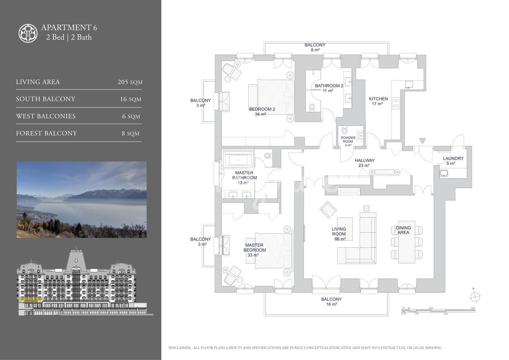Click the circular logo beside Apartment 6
coord(28,33)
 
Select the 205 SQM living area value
coord(130,82)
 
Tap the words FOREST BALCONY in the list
coord(47,133)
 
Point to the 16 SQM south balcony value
coord(131,99)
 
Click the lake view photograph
coord(82,200)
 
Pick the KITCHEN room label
coord(378,99)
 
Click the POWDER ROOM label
coord(348,140)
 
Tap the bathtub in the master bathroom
coord(238,160)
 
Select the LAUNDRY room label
coord(453,158)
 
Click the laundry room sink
coord(443,173)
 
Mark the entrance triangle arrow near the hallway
coord(422,141)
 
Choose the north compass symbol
coord(475,297)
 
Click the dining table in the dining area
coord(407,242)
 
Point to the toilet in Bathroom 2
coord(312,107)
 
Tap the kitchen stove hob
coord(396,103)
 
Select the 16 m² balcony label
coord(332,302)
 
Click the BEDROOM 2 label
coord(262,109)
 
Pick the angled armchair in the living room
coord(328,210)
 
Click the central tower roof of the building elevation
coord(76,259)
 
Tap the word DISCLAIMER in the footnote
coord(180,348)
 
